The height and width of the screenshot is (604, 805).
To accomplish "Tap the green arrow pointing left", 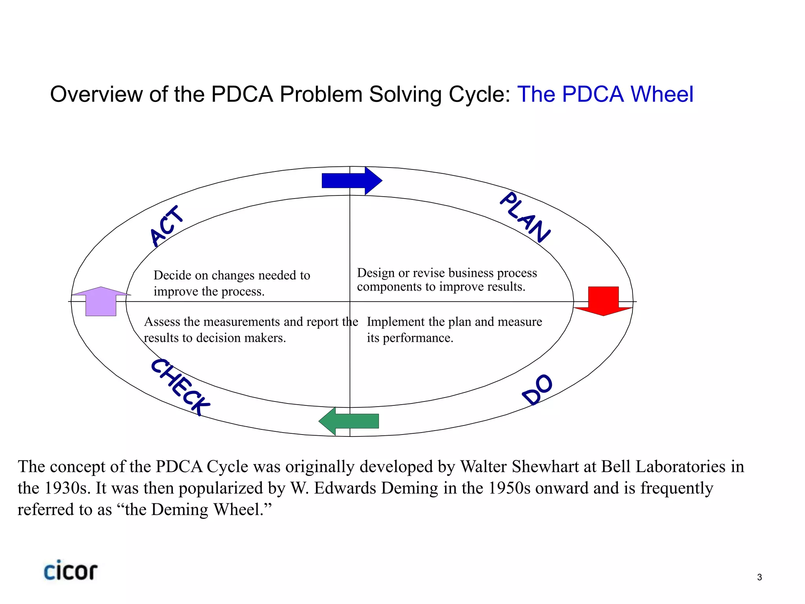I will coord(349,421).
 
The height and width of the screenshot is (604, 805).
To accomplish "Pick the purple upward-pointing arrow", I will coord(101,301).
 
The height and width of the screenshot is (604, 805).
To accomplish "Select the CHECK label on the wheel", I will coord(180,387).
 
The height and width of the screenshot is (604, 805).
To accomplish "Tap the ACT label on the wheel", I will coord(167,226).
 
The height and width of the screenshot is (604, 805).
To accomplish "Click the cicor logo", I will coord(71,571).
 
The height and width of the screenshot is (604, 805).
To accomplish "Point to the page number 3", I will coord(759,577).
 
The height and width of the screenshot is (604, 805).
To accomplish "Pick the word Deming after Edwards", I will coord(409,488).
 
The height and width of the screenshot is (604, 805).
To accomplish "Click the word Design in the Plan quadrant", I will coord(375,273).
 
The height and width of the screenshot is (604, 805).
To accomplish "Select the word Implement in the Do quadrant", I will coord(396,322).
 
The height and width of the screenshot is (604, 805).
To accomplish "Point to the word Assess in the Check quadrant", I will coord(162,322).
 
